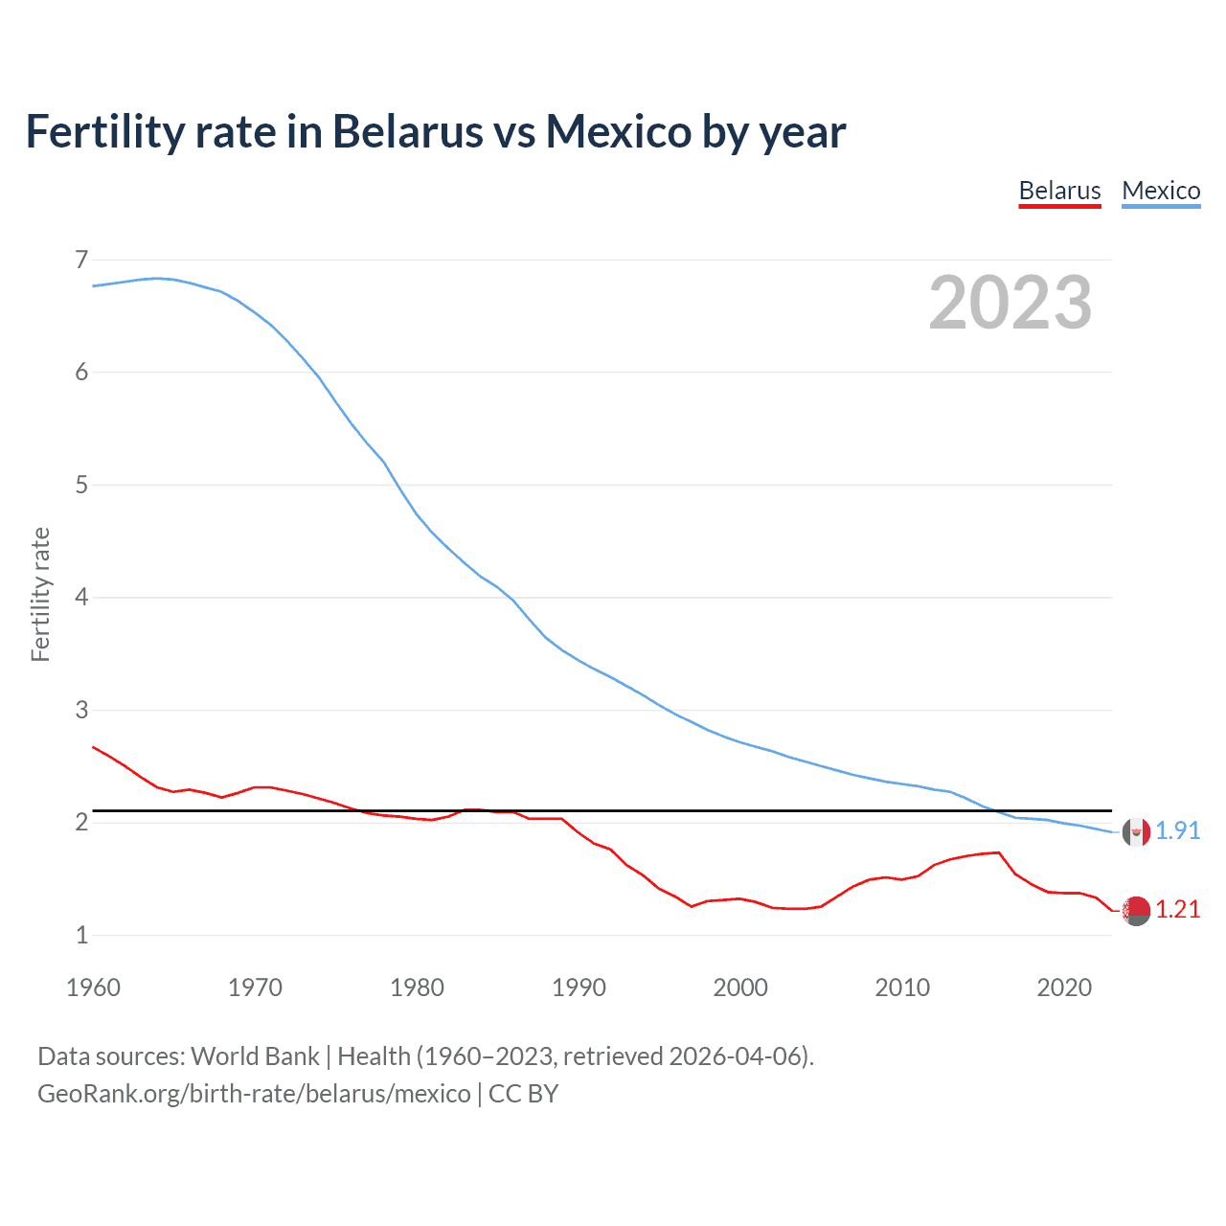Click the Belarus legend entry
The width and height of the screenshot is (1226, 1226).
(1059, 191)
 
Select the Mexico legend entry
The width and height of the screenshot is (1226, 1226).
(1161, 191)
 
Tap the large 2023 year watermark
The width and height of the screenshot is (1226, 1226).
(1010, 303)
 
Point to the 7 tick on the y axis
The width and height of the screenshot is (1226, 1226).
(81, 260)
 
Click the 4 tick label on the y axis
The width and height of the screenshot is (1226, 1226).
(81, 598)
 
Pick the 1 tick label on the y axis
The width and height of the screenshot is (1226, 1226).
(81, 935)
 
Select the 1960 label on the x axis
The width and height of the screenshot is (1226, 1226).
(93, 988)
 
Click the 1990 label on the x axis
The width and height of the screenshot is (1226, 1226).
(579, 988)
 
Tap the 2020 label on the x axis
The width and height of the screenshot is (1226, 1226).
(1064, 988)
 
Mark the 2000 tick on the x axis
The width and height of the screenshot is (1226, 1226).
(740, 988)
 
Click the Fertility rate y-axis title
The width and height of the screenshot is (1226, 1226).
(40, 594)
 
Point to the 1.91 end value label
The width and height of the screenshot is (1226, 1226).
(1177, 830)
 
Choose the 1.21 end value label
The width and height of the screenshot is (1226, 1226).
(1177, 909)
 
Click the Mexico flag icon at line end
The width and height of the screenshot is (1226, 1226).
(1136, 831)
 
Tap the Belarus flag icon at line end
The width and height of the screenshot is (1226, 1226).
(1136, 911)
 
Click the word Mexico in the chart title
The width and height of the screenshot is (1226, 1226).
(618, 131)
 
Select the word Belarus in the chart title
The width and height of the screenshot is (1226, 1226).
(407, 131)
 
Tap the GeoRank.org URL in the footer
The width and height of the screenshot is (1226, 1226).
(254, 1094)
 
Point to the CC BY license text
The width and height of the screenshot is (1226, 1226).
(523, 1094)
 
